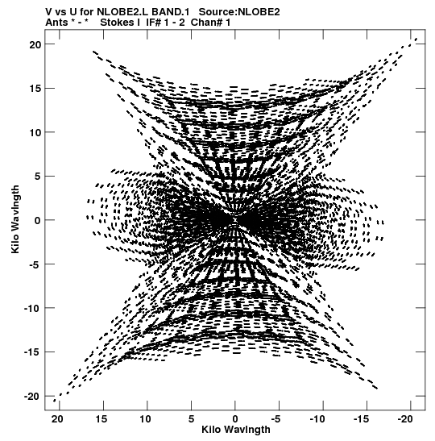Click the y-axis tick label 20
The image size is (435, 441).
35,44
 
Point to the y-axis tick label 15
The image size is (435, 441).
35,89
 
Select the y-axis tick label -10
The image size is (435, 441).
32,308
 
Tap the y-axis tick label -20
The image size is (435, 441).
32,397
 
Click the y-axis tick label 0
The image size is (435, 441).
38,220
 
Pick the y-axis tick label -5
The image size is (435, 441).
35,264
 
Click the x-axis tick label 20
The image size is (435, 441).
57,419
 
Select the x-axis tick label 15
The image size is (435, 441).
101,419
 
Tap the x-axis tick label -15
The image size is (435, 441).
361,419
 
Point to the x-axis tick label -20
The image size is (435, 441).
404,419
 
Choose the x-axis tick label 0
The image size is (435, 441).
235,419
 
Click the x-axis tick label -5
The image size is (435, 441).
276,419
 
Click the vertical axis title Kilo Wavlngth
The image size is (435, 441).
15,219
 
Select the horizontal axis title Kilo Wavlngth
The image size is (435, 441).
236,430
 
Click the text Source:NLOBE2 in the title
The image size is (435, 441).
239,12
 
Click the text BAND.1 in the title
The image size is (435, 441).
171,12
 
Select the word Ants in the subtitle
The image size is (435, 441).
56,23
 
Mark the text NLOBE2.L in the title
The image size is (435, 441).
122,12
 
